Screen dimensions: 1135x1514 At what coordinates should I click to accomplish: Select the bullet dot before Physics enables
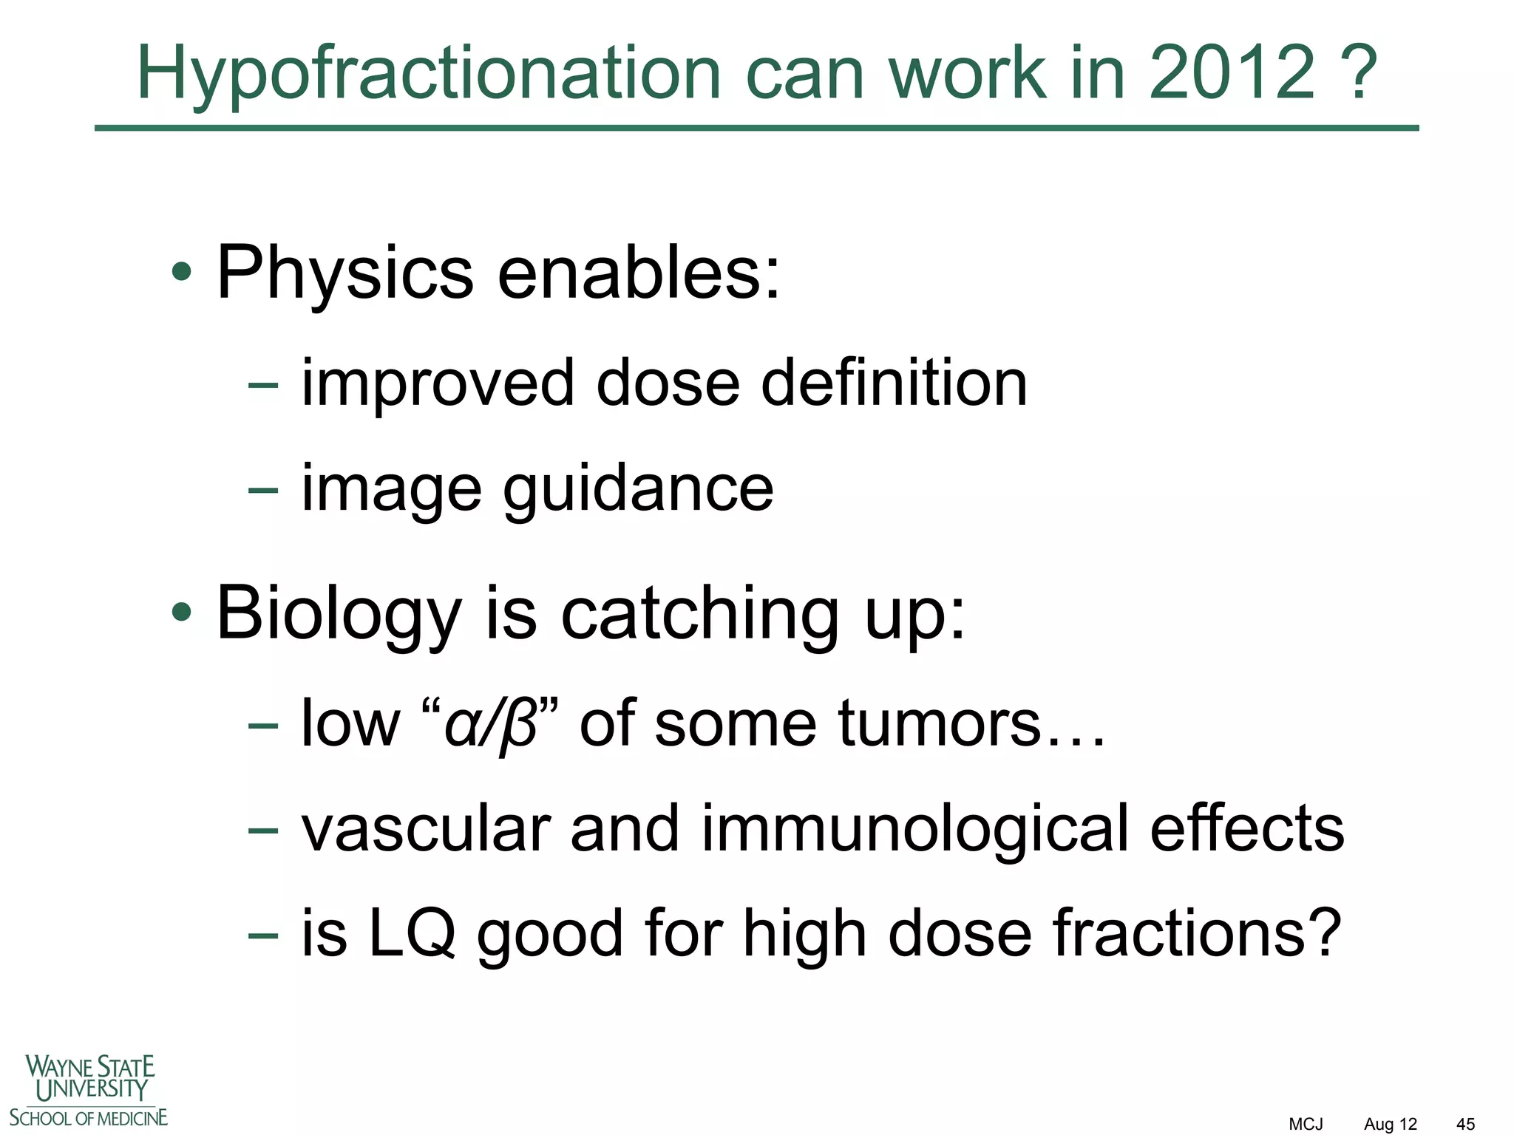pos(181,273)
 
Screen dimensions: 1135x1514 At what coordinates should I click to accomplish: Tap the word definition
pos(895,383)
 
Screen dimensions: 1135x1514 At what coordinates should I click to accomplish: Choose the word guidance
pos(638,490)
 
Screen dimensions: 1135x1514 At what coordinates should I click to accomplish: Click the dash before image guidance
pos(263,490)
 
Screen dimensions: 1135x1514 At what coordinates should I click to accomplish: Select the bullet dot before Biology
pos(181,613)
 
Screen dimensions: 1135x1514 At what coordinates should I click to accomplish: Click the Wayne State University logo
pos(89,1090)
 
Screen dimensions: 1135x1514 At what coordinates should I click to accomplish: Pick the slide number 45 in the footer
pos(1465,1124)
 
